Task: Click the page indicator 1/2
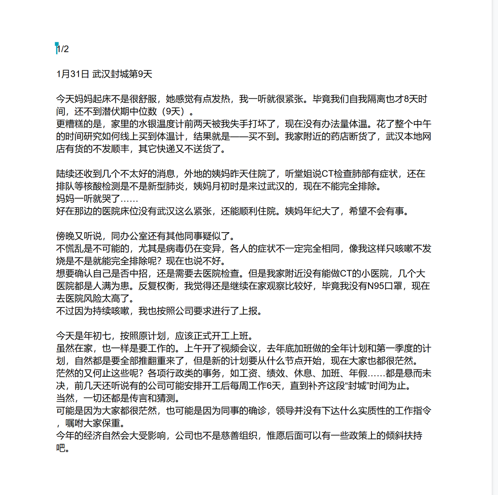click(x=63, y=49)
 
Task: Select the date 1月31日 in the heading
click(x=73, y=74)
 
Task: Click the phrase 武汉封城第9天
click(x=122, y=74)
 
